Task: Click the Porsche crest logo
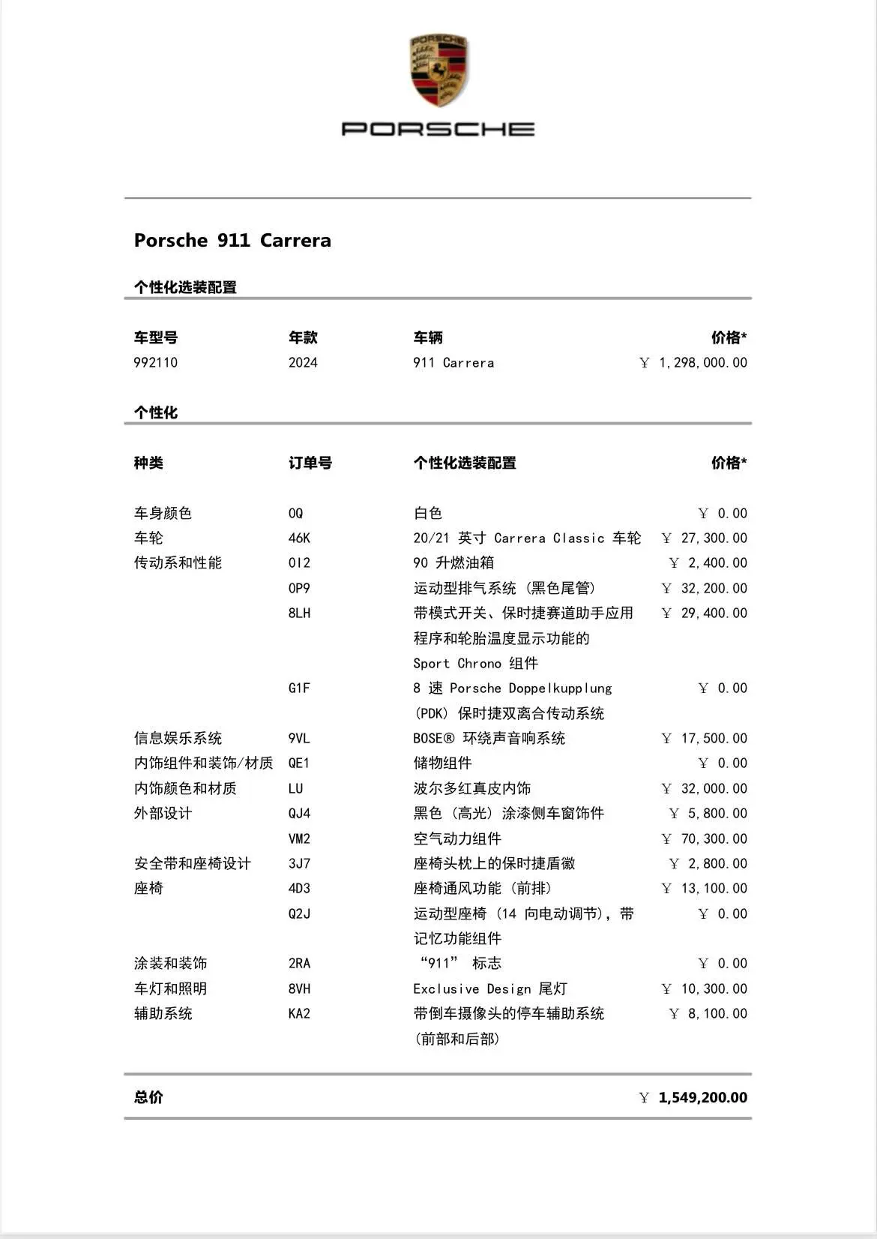(x=438, y=70)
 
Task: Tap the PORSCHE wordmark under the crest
(x=438, y=129)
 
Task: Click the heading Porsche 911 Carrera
(x=232, y=241)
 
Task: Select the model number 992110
(x=156, y=363)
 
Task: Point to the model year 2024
(x=303, y=363)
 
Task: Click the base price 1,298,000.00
(x=702, y=363)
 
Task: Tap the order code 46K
(x=299, y=538)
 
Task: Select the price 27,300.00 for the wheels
(x=713, y=538)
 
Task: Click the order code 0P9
(x=299, y=589)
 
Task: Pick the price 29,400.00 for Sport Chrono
(x=713, y=613)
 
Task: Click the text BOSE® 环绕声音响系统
(x=489, y=739)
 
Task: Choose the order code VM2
(x=299, y=839)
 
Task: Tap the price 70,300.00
(x=713, y=839)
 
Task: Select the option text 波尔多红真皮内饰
(x=472, y=789)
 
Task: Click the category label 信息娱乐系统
(x=178, y=739)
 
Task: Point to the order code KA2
(x=299, y=1014)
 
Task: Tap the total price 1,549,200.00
(x=702, y=1098)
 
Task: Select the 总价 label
(x=148, y=1098)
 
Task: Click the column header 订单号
(x=310, y=463)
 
